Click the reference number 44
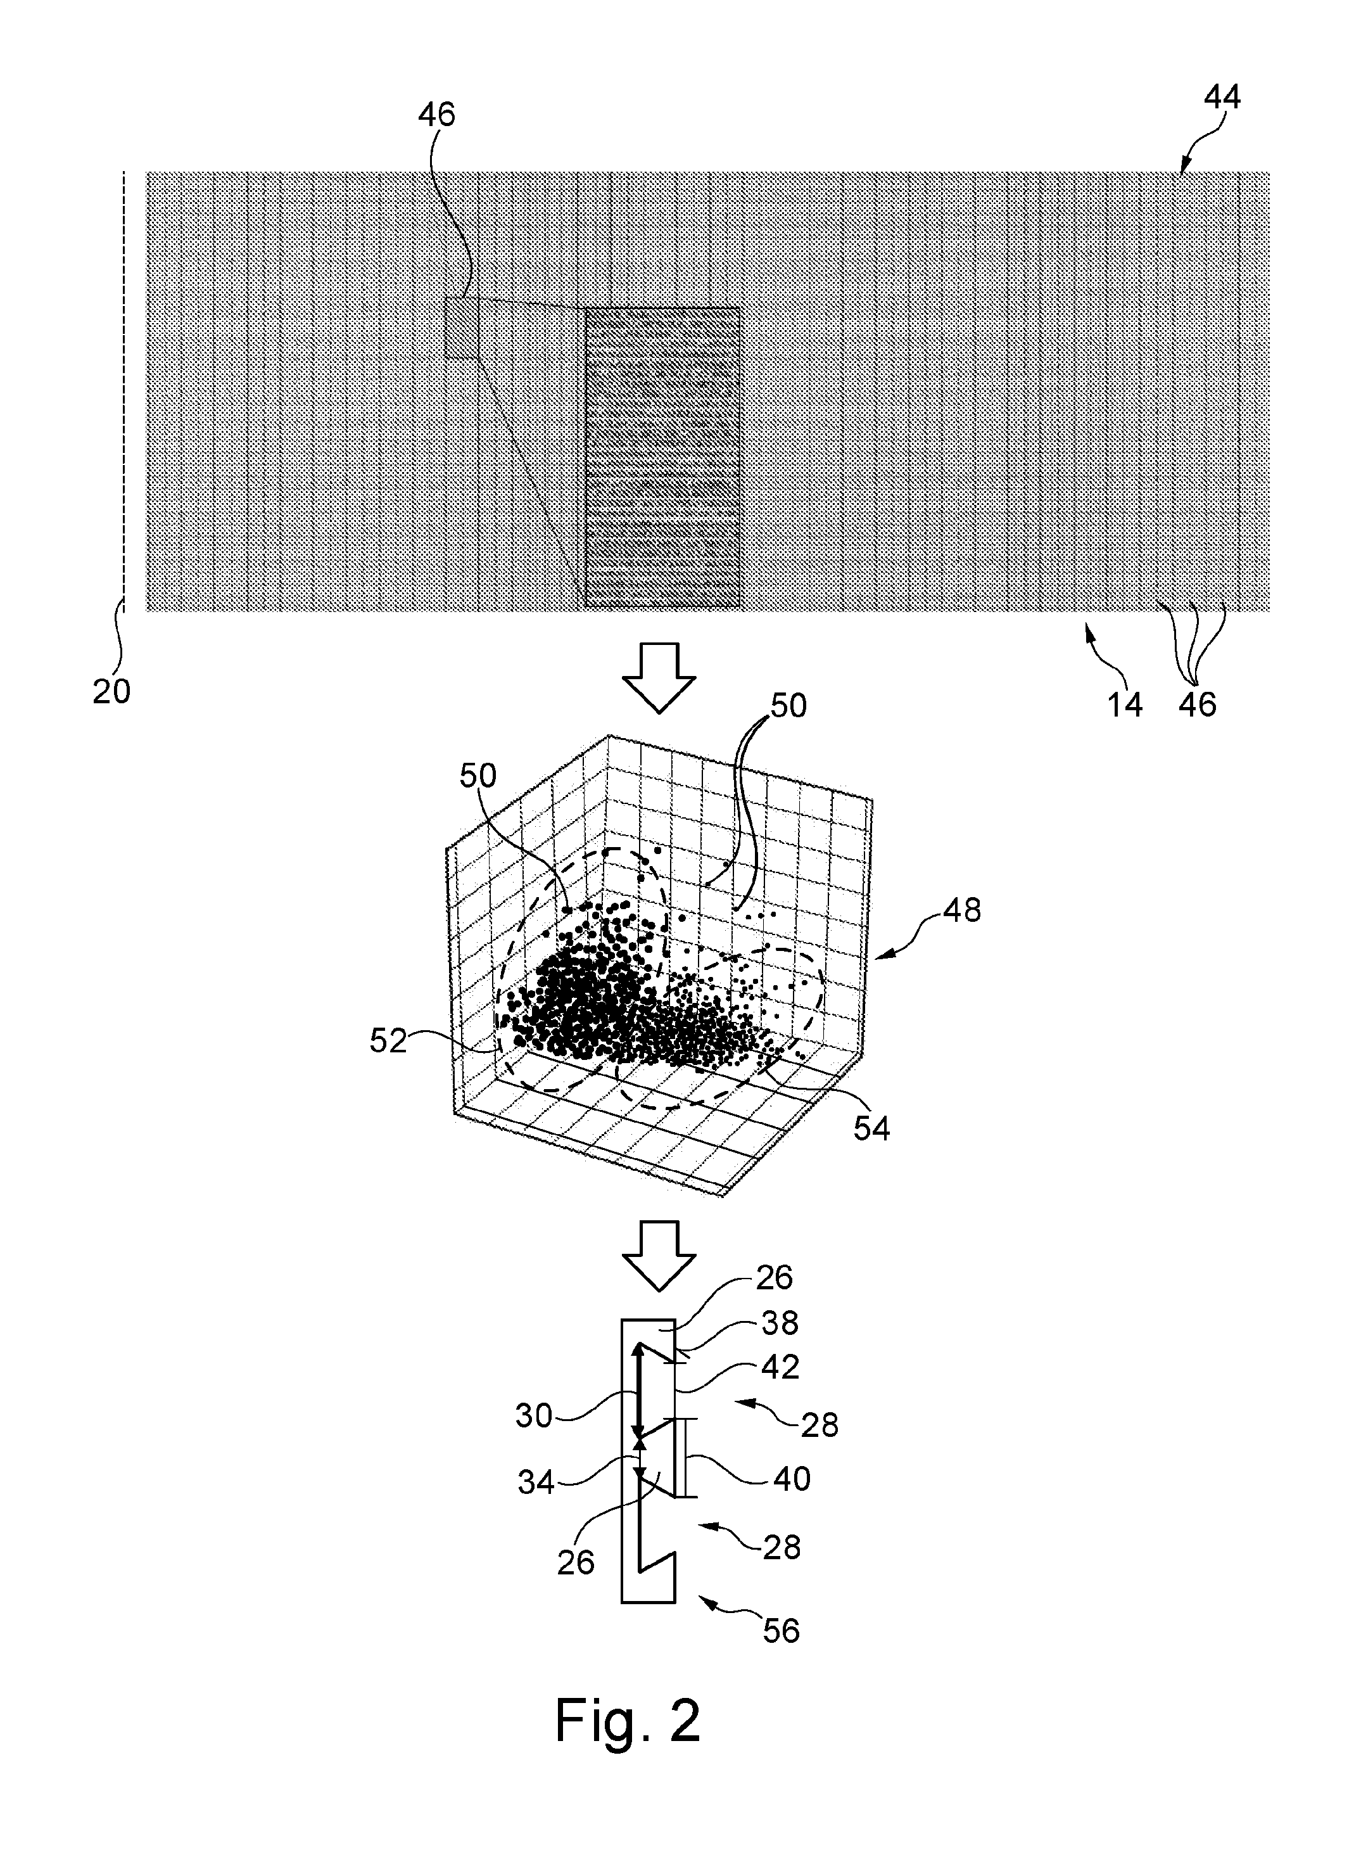(1222, 98)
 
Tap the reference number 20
(111, 691)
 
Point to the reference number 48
(961, 910)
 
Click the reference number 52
(388, 1042)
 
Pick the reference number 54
(871, 1128)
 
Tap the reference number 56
(780, 1630)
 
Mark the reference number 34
(536, 1483)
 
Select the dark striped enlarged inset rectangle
(662, 458)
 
